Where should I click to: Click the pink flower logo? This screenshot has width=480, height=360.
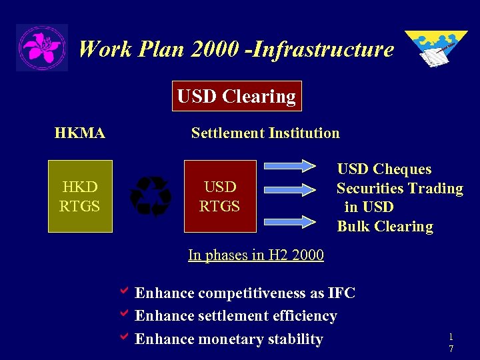[41, 48]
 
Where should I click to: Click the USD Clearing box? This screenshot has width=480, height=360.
[237, 96]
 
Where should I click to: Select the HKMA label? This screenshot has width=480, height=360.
[80, 133]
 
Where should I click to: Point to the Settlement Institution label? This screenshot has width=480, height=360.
[265, 133]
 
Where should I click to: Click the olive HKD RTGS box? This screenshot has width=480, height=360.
[80, 196]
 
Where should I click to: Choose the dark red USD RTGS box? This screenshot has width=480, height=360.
[220, 196]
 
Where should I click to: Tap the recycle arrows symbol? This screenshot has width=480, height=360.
[151, 197]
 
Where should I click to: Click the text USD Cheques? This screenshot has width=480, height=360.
[384, 169]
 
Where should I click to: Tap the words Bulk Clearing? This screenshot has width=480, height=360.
[385, 226]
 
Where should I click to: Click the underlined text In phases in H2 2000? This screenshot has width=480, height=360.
[256, 255]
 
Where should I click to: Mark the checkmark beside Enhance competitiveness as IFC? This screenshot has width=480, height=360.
[123, 291]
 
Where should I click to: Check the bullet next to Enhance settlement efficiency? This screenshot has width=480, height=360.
[123, 314]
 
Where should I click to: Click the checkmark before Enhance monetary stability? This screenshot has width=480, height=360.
[123, 337]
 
